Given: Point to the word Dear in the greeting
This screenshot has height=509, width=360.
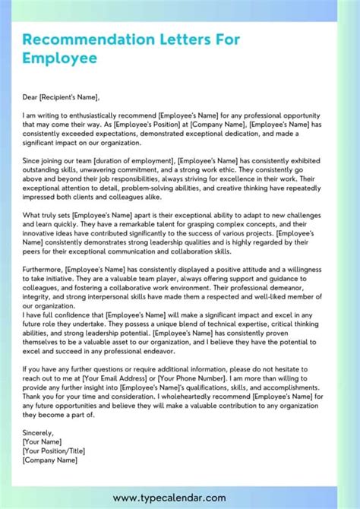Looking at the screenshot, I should click(x=31, y=97).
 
